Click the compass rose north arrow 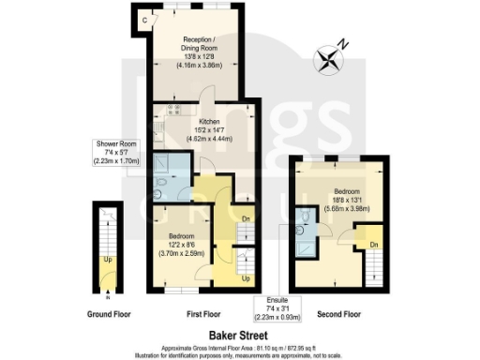tap(330, 62)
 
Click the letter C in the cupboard tap(143, 20)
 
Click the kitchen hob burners tap(172, 111)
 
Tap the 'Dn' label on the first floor tap(246, 219)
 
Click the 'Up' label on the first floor tap(246, 278)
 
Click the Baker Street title tap(240, 332)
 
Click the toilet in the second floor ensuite tap(308, 217)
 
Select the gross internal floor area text tap(240, 344)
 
